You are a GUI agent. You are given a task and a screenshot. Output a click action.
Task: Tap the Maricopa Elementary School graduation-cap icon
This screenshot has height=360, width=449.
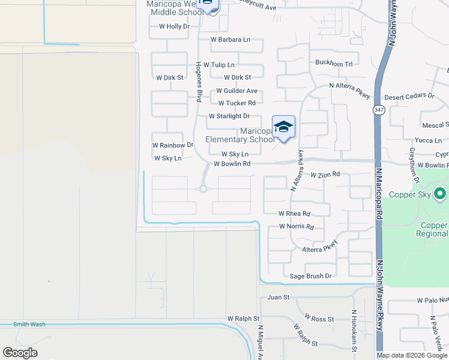[x=283, y=127]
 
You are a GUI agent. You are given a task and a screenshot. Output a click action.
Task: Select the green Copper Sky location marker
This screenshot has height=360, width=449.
[x=440, y=194]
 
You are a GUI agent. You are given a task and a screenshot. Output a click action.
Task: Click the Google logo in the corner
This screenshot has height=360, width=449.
[x=20, y=353]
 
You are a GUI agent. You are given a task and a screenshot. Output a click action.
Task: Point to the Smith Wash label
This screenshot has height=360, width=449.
[x=25, y=325]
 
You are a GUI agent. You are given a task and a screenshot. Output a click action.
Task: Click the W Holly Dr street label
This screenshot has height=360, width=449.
[x=174, y=26]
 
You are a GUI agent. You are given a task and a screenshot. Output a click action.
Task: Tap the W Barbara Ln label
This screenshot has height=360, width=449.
[x=230, y=40]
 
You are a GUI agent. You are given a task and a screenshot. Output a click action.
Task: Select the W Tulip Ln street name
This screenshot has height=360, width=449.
[x=219, y=65]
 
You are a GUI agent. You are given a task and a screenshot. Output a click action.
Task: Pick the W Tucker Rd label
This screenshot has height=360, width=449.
[x=237, y=103]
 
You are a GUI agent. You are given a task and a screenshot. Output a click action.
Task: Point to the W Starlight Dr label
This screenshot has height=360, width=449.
[x=229, y=116]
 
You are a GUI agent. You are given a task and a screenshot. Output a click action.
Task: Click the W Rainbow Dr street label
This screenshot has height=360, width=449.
[x=173, y=145]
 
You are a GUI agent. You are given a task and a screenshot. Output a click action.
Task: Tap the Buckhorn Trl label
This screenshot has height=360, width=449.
[x=334, y=63]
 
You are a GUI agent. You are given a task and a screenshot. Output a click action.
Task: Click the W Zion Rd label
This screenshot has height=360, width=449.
[x=325, y=174]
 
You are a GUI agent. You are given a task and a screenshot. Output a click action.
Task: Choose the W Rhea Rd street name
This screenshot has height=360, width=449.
[x=294, y=214]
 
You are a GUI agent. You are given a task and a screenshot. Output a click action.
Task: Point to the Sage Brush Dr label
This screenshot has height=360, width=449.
[x=310, y=276]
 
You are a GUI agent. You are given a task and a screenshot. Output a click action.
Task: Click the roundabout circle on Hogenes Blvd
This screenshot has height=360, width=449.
[x=203, y=189]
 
